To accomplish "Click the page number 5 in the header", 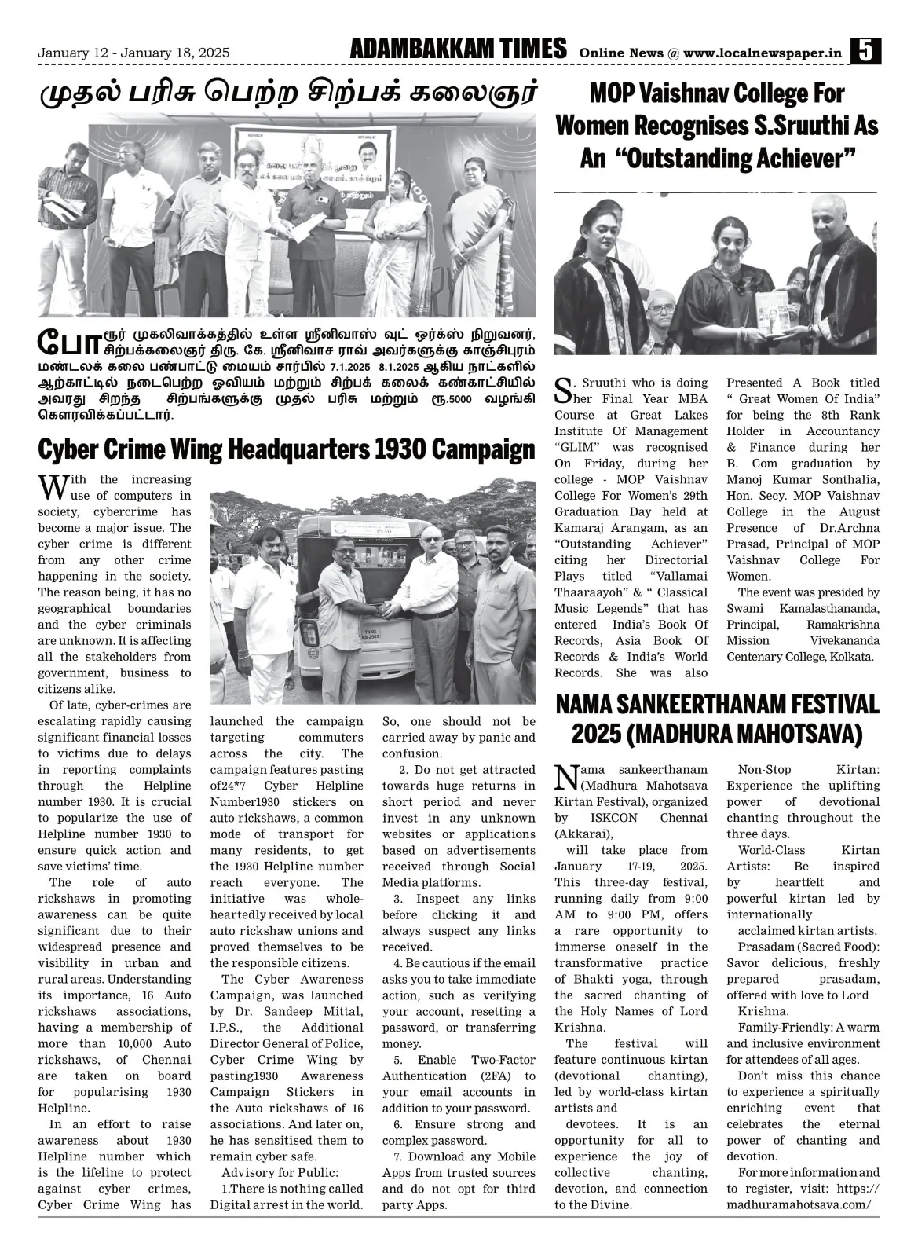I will point(866,52).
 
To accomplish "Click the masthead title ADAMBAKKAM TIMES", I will point(459,49).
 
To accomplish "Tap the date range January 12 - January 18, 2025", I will point(134,53).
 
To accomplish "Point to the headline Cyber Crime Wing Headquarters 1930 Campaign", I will point(287,449).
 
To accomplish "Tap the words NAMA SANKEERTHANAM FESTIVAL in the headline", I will point(717,703).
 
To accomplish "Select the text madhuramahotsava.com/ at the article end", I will point(799,1204).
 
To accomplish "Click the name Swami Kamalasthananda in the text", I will point(803,608).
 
